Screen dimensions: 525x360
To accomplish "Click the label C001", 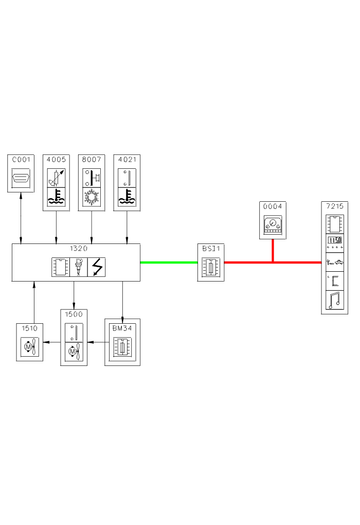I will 21,160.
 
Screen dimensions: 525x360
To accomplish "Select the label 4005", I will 56,160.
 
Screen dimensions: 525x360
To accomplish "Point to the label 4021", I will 127,160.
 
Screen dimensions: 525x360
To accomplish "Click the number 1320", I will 76,248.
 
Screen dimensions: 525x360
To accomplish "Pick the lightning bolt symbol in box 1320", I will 97,267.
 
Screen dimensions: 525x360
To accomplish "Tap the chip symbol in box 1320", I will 60,267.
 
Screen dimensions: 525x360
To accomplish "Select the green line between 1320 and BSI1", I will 169,262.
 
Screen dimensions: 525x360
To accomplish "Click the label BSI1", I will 211,248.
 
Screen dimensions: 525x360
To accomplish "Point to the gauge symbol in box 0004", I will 273,225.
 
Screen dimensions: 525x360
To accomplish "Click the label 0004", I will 273,206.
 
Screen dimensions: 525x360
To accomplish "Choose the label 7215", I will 334,205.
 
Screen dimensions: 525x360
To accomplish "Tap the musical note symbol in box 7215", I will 334,301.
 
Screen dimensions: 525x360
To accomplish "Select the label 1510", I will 29,327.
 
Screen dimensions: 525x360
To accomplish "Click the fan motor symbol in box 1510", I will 29,347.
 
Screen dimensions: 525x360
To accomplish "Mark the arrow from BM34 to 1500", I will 96,341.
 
